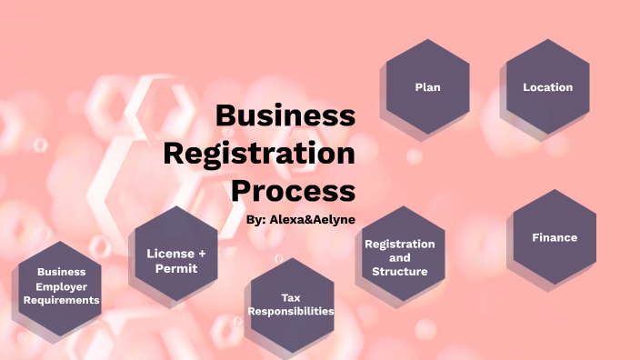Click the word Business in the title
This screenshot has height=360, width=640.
click(285, 115)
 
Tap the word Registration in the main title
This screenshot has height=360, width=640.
click(259, 153)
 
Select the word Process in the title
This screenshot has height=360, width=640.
click(292, 190)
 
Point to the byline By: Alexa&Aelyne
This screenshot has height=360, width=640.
click(301, 219)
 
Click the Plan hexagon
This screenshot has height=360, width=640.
click(427, 87)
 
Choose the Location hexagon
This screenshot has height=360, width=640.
click(547, 87)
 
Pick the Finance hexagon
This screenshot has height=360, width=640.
click(555, 237)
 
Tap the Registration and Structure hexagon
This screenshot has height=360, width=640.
click(400, 257)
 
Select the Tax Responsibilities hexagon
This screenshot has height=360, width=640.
click(290, 303)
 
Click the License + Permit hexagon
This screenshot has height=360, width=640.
click(176, 259)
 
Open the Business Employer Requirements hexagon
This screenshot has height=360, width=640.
click(60, 285)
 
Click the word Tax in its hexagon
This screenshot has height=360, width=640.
click(290, 296)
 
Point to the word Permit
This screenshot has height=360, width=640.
click(176, 269)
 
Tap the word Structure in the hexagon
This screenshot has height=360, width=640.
click(400, 271)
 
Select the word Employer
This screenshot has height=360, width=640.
click(61, 285)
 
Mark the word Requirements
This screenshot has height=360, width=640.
click(61, 299)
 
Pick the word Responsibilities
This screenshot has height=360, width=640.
click(290, 311)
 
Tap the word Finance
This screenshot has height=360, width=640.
click(555, 237)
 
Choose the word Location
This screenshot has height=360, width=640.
click(547, 87)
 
